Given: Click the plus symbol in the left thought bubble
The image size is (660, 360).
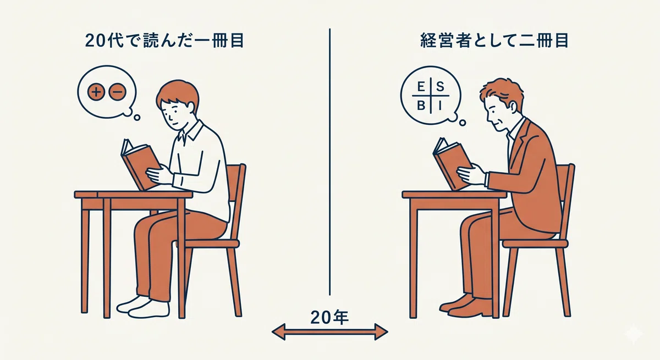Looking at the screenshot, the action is [96, 92].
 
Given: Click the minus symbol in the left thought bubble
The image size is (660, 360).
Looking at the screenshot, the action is [118, 92].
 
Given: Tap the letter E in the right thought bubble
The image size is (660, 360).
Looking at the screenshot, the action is [421, 87].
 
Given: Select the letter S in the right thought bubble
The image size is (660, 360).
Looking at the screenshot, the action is [440, 87].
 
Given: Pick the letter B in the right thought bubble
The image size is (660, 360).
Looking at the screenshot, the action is [421, 106].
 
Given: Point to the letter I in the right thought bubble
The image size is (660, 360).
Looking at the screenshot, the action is [440, 106].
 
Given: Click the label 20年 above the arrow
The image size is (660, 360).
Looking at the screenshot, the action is [329, 318].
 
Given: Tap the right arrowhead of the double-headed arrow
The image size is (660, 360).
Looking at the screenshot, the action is [381, 332].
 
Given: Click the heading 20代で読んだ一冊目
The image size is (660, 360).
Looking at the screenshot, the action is [164, 41].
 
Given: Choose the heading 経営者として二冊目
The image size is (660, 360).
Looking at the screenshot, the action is [494, 41].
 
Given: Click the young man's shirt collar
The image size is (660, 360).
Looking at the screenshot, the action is [191, 131].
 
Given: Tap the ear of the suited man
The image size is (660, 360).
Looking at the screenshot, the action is [515, 109].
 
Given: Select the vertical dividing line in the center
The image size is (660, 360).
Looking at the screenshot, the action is [329, 162].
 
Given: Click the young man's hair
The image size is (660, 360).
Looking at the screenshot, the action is [178, 92].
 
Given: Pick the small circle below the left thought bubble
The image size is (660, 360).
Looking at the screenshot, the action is [137, 118].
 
